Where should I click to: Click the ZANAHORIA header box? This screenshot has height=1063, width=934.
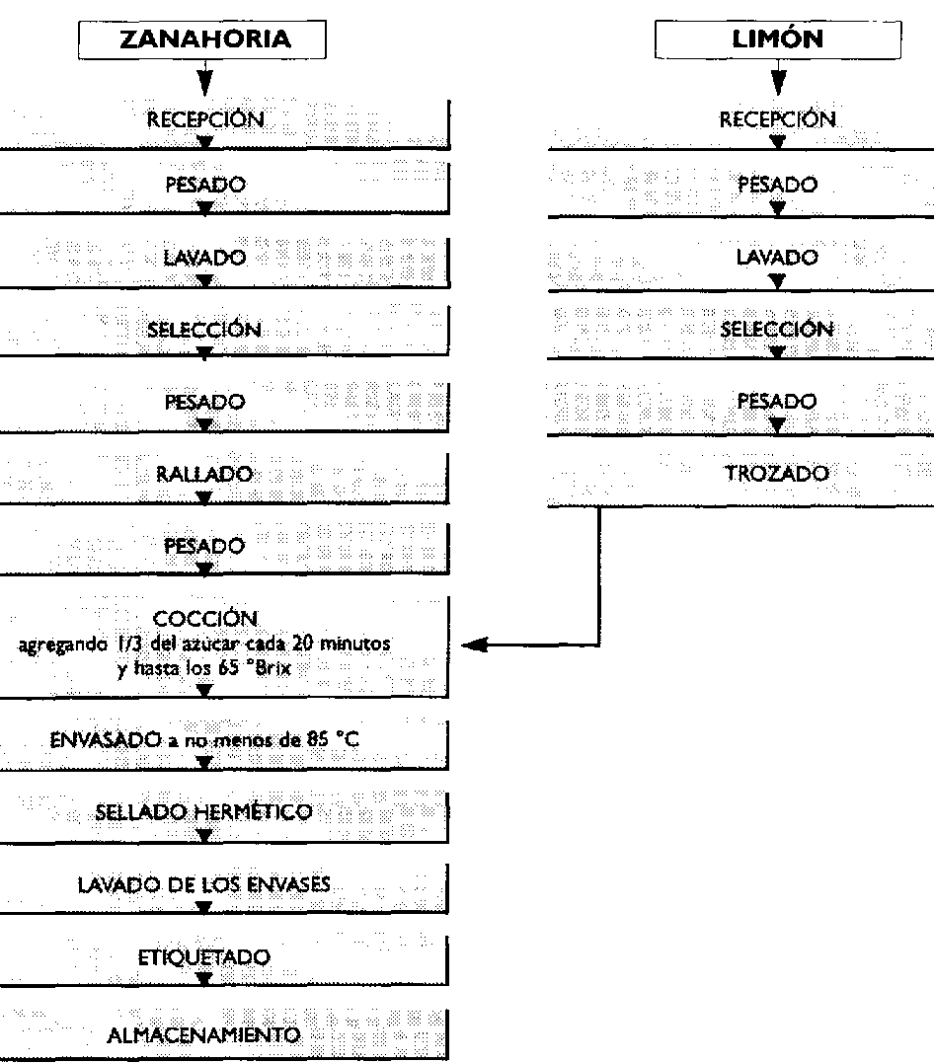click(205, 40)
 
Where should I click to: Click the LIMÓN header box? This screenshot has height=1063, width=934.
click(778, 40)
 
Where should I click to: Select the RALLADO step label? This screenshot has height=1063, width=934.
click(204, 475)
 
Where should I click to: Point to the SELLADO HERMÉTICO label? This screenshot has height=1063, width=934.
click(204, 812)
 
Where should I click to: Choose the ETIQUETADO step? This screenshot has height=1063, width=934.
click(204, 957)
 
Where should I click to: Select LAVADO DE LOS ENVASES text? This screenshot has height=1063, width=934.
click(204, 885)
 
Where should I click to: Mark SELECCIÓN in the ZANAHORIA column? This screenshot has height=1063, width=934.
click(204, 330)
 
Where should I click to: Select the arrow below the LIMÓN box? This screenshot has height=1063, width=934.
click(778, 79)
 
